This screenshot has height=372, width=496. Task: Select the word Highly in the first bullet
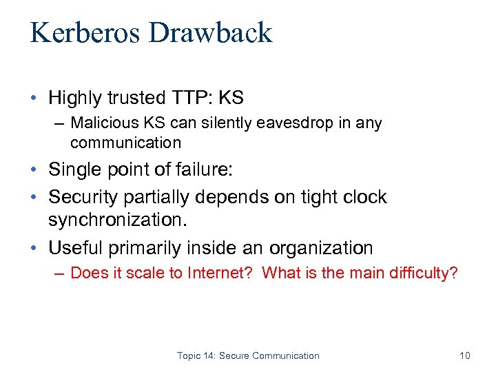[x=74, y=99]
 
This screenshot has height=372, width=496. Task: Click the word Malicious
[x=103, y=123]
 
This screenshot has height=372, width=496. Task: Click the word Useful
[x=76, y=248]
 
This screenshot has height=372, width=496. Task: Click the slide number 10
[x=464, y=355]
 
